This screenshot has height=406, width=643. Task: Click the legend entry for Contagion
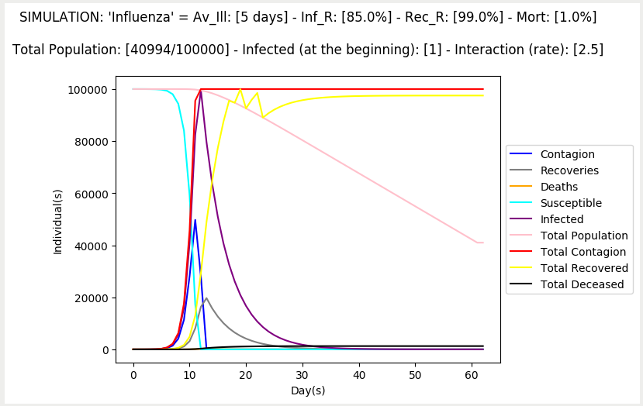tap(567, 154)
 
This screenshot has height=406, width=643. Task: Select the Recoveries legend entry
tap(569, 170)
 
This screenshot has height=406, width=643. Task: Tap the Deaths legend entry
tap(558, 187)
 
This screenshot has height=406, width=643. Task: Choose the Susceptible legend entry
tap(571, 203)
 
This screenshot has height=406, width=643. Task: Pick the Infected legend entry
tap(562, 219)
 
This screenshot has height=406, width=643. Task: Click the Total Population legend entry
tap(584, 236)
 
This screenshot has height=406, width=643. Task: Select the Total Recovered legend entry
tap(584, 268)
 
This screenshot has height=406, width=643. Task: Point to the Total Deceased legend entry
tap(582, 284)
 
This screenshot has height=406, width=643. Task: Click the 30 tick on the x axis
tap(302, 374)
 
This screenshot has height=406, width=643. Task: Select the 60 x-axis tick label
tap(472, 374)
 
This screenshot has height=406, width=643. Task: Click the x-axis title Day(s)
tap(308, 391)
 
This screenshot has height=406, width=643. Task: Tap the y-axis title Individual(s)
tap(57, 221)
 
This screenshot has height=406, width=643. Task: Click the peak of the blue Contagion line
tap(195, 220)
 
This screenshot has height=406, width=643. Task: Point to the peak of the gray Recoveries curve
tap(206, 298)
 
